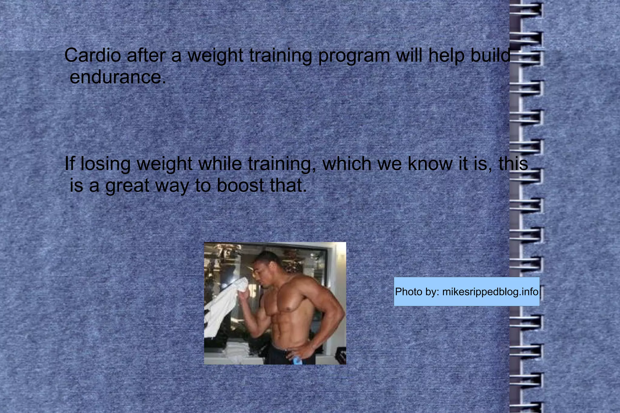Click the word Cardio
(93, 55)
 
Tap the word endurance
(117, 77)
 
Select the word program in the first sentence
(354, 56)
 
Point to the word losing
(106, 164)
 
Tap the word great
(127, 186)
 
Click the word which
(347, 164)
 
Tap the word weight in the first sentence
(215, 56)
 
